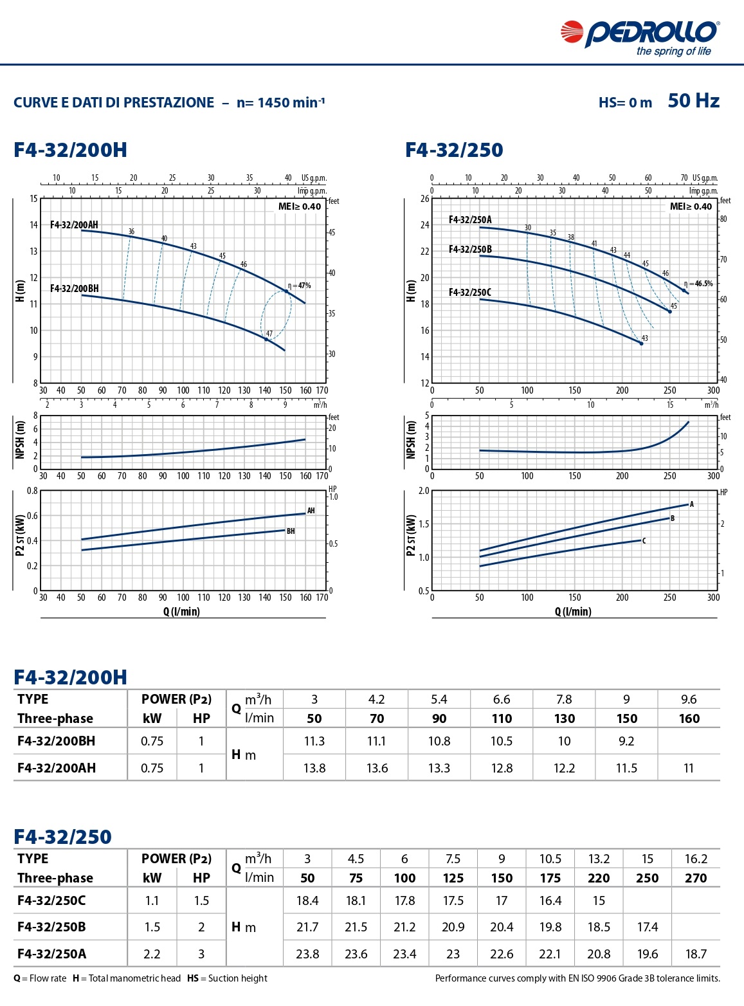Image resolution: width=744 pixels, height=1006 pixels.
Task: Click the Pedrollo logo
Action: point(640,37)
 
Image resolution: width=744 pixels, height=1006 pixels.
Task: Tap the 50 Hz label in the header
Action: point(693,101)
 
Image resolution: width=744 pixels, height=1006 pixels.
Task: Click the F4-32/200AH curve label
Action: point(74,224)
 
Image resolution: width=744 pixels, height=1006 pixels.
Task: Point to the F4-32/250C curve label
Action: point(469,292)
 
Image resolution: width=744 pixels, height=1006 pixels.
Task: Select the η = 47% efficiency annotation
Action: point(300,286)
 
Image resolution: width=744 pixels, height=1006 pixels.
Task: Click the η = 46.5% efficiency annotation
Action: point(700,284)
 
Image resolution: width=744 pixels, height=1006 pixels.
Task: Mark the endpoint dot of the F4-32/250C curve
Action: point(641,343)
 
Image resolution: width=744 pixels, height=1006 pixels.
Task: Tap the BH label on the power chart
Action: point(291,531)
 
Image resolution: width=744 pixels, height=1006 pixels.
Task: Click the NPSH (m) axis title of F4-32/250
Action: point(411,440)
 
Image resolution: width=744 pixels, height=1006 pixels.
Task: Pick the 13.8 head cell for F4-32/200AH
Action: point(314,768)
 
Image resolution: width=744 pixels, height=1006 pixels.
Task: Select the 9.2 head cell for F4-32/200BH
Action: point(626,741)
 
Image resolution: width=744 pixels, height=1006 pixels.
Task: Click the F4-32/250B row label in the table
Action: point(51,927)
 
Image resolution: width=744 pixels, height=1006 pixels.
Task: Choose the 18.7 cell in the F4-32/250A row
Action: point(696,954)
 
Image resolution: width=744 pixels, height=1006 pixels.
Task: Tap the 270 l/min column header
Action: point(696,878)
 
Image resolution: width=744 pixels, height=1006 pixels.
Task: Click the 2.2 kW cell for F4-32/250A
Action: point(152,954)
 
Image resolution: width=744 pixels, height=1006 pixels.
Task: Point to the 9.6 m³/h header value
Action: point(689,699)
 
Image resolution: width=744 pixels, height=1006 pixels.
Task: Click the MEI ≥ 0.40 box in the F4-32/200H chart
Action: point(300,206)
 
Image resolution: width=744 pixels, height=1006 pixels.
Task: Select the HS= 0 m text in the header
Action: point(625,103)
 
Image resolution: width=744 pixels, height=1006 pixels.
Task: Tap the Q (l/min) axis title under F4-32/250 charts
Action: point(572,612)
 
